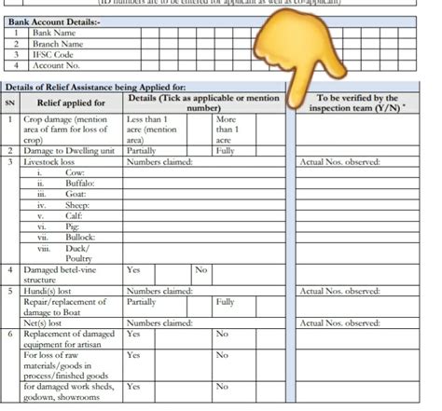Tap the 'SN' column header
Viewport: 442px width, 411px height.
click(x=10, y=102)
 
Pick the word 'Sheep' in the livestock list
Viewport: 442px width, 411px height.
click(x=77, y=205)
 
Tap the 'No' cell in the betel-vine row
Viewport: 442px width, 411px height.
click(x=200, y=269)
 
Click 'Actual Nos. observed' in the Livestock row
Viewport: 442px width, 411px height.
click(x=341, y=162)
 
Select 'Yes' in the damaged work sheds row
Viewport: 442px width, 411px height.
click(x=133, y=385)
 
